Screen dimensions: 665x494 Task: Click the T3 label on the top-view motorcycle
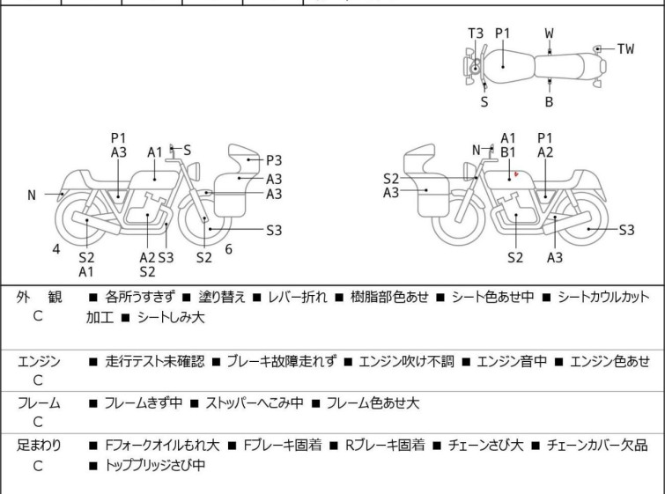[476, 33]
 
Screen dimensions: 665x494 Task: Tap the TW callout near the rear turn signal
[625, 49]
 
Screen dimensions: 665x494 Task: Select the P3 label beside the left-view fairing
[274, 161]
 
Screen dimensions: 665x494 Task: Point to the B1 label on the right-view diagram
[508, 152]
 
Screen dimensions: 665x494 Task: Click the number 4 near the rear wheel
[56, 249]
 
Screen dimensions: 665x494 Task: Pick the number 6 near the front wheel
[229, 249]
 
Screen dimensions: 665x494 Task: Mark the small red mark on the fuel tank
[516, 173]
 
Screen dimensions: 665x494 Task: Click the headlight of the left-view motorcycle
[194, 171]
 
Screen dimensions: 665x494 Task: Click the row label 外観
[39, 298]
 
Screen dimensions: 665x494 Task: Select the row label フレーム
[39, 402]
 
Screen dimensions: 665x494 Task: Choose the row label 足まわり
[39, 446]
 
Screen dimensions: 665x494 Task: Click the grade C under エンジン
[38, 380]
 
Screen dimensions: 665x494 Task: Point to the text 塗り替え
[222, 297]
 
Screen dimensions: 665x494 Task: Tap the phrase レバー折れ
[298, 297]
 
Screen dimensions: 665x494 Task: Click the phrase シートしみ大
[171, 318]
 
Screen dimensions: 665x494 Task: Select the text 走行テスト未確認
[155, 361]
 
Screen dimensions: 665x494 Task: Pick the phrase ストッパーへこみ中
[255, 402]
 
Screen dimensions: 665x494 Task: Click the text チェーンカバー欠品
[597, 446]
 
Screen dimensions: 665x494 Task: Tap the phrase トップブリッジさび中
[155, 465]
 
